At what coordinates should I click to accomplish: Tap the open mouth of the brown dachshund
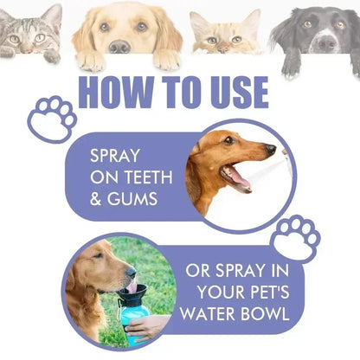pyautogui.click(x=235, y=177)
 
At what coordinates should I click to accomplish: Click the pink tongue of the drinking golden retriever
pyautogui.click(x=131, y=286)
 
